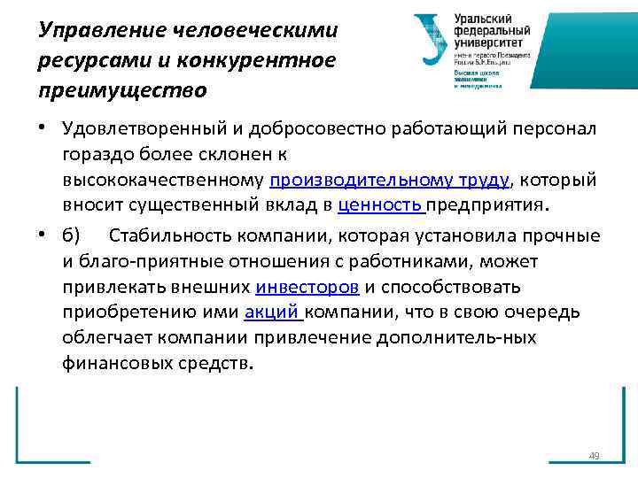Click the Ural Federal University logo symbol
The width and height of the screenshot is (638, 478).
click(x=431, y=41)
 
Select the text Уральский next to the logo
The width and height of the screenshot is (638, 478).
click(x=486, y=18)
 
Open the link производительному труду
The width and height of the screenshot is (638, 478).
click(x=389, y=181)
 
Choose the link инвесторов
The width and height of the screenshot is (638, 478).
click(x=307, y=287)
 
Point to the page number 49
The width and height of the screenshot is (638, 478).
click(x=594, y=456)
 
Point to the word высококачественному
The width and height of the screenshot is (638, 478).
click(x=163, y=181)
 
